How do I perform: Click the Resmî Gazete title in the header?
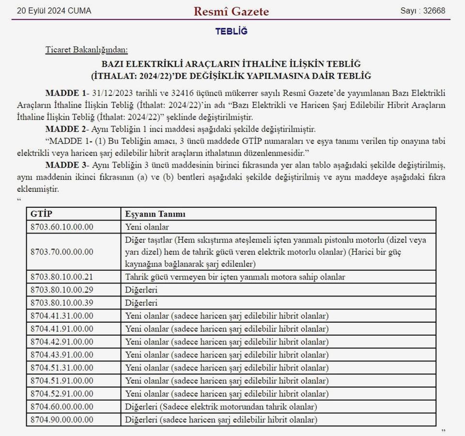[x=231, y=11]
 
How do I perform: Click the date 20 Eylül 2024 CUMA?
[x=54, y=11]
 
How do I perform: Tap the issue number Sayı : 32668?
[x=423, y=11]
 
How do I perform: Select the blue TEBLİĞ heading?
[x=231, y=31]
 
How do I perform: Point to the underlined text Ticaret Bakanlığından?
[x=87, y=49]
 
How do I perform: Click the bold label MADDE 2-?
[x=65, y=129]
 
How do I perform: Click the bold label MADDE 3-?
[x=65, y=165]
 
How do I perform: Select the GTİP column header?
[x=42, y=214]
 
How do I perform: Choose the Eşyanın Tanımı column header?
[x=155, y=214]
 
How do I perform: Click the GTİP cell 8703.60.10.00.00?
[x=62, y=226]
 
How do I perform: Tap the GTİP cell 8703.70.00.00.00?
[x=62, y=252]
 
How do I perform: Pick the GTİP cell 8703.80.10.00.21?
[x=62, y=277]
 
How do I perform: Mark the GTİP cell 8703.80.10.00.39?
[x=62, y=303]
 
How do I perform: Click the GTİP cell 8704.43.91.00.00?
[x=62, y=355]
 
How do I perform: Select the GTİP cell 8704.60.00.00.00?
[x=62, y=407]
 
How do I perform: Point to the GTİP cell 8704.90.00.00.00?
[x=62, y=420]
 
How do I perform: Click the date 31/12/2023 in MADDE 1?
[x=111, y=93]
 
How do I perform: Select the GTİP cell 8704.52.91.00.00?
[x=62, y=394]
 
